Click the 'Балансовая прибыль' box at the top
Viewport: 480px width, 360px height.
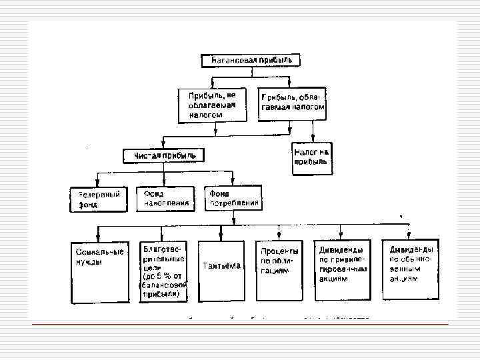coord(251,60)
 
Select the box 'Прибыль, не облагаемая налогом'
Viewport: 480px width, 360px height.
coord(211,105)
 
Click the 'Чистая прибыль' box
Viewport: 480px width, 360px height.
coord(164,155)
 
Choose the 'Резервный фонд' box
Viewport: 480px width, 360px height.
coord(98,199)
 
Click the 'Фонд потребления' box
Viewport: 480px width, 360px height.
coord(233,199)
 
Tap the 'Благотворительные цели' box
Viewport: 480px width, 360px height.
coord(164,271)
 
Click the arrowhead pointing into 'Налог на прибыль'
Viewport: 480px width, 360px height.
coord(312,139)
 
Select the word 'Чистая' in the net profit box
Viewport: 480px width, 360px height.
coord(147,155)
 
